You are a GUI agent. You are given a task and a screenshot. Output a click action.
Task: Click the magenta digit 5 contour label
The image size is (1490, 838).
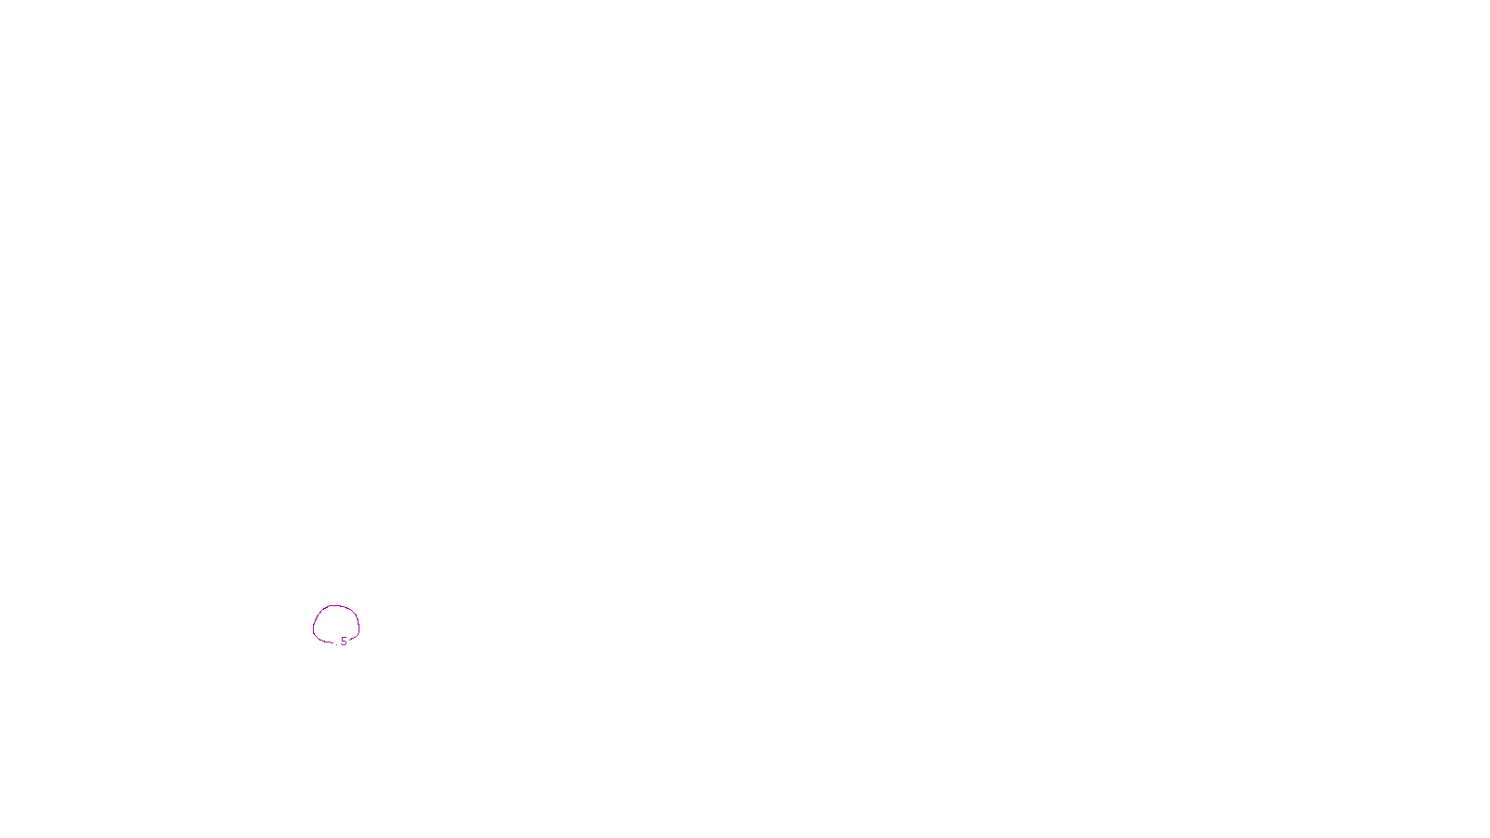(x=344, y=642)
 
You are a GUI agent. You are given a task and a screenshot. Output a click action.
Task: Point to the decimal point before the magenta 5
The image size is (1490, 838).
(x=337, y=644)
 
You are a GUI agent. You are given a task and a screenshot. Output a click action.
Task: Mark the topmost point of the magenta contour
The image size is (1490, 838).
(x=336, y=606)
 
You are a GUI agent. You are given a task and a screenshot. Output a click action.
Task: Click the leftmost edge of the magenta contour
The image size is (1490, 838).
(x=314, y=626)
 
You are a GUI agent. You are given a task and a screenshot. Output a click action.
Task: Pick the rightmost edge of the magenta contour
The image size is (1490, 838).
(x=359, y=626)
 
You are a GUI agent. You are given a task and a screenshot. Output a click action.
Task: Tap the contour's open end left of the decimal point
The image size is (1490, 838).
(x=332, y=642)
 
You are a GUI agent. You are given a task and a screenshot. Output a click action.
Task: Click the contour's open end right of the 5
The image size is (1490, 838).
(x=350, y=641)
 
